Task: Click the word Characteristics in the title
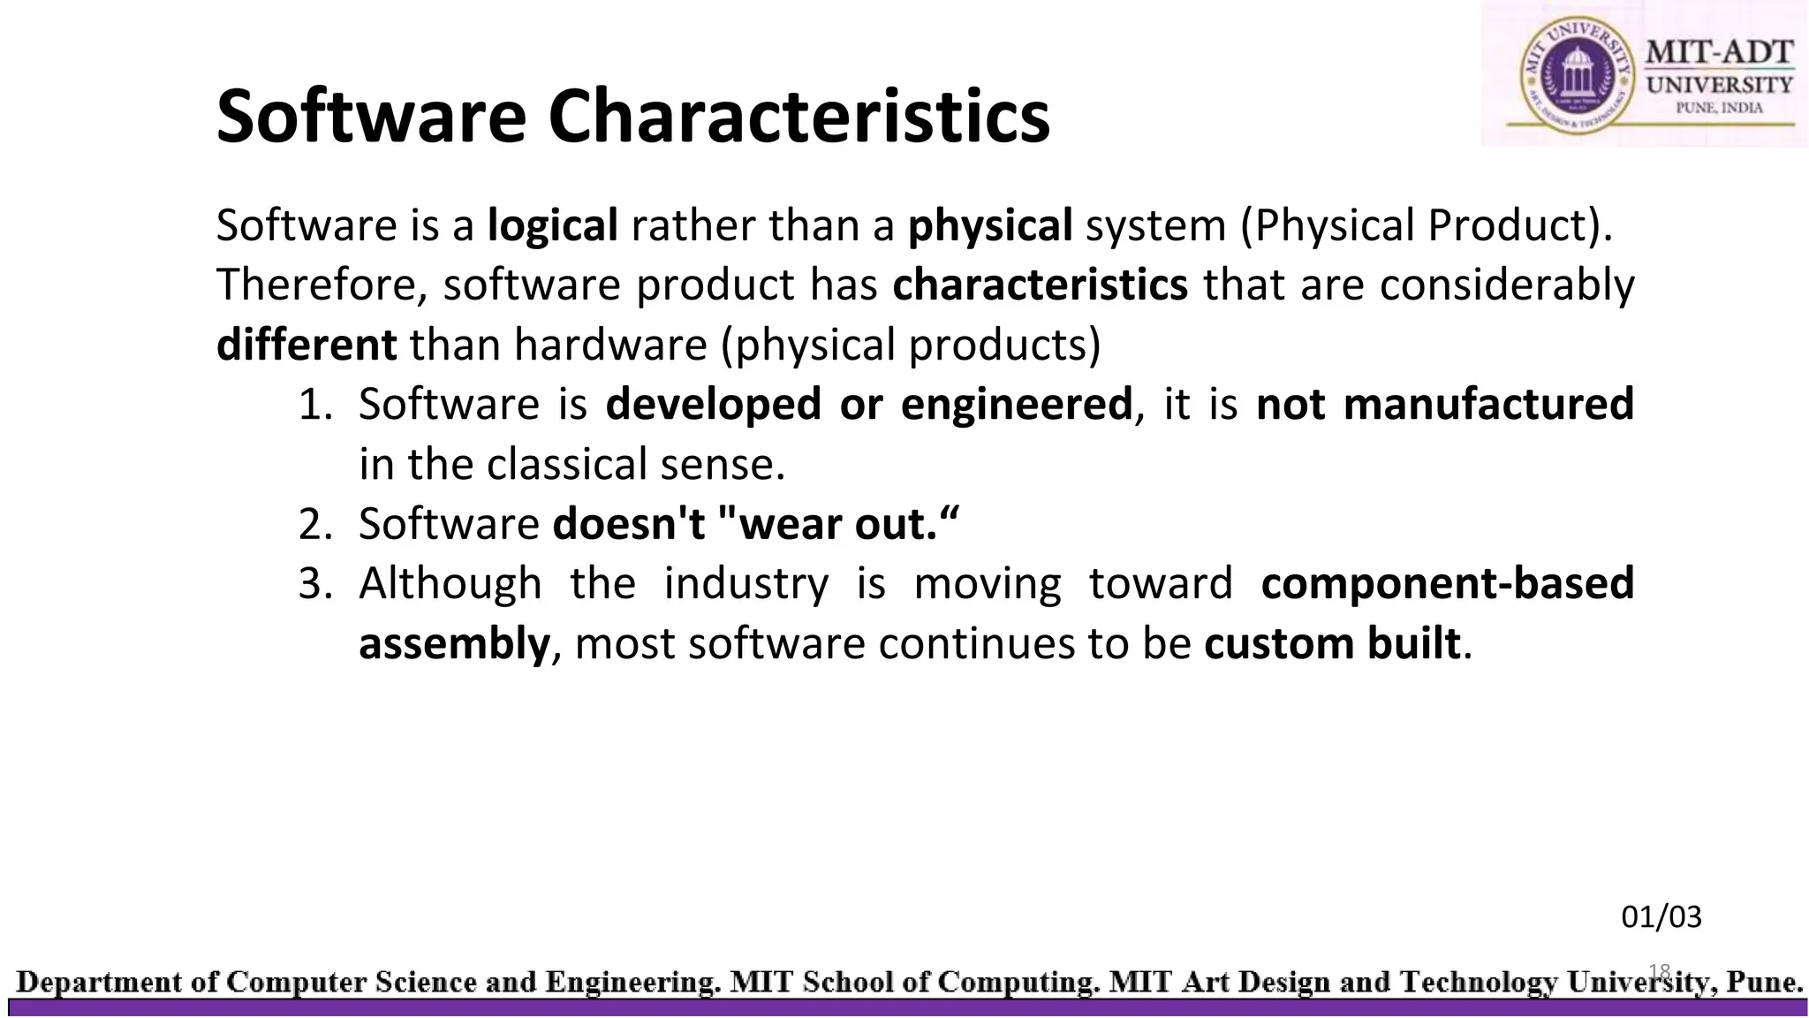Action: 799,117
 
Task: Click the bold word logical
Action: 552,225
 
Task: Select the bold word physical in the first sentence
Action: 989,225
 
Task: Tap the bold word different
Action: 306,344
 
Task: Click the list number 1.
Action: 314,405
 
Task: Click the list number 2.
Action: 314,524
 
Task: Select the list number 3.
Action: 314,584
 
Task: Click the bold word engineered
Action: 1016,404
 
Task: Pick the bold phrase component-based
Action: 1447,583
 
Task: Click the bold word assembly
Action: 454,643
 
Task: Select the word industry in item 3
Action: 746,583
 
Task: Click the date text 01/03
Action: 1661,917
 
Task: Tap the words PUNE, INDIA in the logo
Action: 1719,108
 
